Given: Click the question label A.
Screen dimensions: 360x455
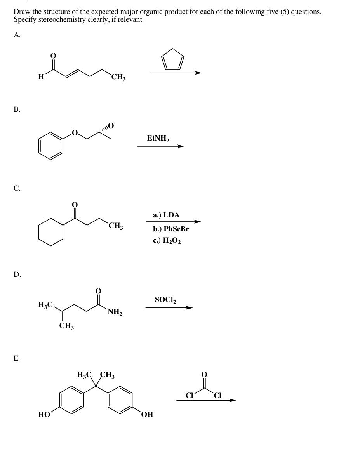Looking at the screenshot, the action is (x=17, y=35).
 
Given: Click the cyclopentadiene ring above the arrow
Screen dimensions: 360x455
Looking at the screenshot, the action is (x=172, y=59).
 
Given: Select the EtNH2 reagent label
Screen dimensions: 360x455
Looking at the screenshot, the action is (x=158, y=138).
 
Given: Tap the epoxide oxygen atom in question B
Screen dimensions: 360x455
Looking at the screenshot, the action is (x=111, y=125).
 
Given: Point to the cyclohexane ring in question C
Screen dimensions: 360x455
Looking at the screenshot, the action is (x=51, y=232).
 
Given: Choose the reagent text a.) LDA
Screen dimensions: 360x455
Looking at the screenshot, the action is (x=166, y=215).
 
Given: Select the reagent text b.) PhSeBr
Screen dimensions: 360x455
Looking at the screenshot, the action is (x=171, y=229).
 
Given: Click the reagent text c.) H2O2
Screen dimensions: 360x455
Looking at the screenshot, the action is (x=167, y=241).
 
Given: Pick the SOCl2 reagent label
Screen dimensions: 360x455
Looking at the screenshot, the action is (x=165, y=300).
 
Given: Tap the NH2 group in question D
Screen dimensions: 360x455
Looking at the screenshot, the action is (x=115, y=312).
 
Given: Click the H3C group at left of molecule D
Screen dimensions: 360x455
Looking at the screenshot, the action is (x=45, y=305).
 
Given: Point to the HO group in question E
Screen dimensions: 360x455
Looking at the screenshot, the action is (x=44, y=415).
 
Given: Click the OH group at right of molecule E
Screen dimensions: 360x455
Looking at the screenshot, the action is (x=147, y=415).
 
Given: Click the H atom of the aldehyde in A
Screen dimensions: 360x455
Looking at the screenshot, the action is (x=41, y=77).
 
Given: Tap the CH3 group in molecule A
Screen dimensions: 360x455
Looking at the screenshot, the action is (x=118, y=78).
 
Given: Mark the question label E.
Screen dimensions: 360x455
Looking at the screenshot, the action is (x=17, y=358).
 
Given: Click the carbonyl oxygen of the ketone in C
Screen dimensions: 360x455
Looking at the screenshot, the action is (x=75, y=204).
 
